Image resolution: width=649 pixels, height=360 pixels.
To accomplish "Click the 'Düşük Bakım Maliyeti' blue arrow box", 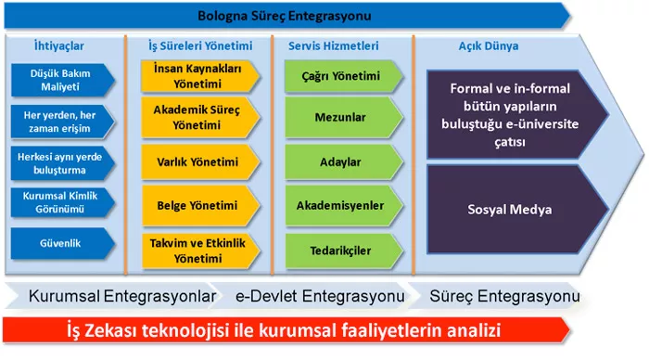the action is tap(62, 80).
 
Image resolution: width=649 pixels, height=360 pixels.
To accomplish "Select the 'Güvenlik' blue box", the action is tap(62, 243).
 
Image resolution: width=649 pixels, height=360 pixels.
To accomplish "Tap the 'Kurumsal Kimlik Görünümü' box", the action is tap(62, 202).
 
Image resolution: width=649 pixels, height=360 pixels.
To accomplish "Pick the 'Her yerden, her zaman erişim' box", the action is tap(62, 122).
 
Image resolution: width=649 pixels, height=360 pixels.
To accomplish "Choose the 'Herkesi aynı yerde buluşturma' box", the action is tap(62, 163).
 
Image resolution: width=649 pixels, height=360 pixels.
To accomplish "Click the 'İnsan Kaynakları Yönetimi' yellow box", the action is tap(200, 76).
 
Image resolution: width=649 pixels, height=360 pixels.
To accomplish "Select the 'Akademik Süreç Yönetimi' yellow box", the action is tap(200, 117).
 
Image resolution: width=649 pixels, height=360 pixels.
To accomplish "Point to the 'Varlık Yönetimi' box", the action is tap(200, 162).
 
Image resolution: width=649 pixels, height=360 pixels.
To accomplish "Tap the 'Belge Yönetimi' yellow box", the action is tap(200, 205).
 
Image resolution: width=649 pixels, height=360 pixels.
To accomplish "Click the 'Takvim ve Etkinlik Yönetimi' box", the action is tap(200, 251).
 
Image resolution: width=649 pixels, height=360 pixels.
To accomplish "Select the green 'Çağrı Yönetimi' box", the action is tap(343, 76).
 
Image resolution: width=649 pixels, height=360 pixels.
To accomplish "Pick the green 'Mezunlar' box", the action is tap(343, 117).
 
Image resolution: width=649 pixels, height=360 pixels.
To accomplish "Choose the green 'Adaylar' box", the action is tap(343, 162).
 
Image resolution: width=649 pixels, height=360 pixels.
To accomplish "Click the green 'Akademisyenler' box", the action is tap(343, 205).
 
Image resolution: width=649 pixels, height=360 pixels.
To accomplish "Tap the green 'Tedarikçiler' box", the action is tap(343, 251).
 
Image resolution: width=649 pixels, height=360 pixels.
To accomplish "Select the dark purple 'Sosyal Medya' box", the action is tap(517, 209).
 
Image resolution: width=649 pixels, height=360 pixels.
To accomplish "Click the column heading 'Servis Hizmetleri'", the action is tap(333, 45).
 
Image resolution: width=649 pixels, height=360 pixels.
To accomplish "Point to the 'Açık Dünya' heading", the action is tap(489, 45).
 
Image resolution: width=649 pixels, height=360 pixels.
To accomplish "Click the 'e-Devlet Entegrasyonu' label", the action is tap(320, 296).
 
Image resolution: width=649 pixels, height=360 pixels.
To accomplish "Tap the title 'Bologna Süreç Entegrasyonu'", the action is tap(285, 16).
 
